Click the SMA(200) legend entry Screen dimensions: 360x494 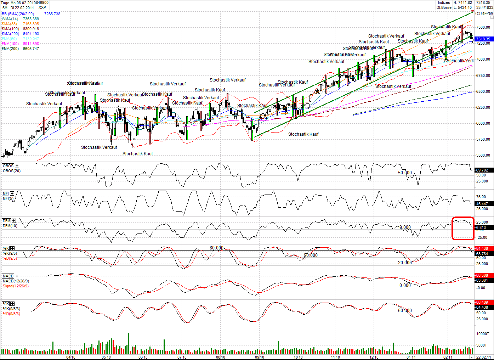10,34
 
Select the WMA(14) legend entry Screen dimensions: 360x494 10,19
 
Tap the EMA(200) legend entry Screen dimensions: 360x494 10,49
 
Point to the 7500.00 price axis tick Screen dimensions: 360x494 483,27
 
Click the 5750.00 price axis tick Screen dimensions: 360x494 483,139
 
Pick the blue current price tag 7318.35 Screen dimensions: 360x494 483,39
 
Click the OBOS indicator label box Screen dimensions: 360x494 8,166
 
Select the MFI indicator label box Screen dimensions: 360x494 5,193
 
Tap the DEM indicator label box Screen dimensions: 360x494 6,221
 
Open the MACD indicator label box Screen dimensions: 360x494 8,276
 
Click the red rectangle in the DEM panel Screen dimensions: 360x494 463,228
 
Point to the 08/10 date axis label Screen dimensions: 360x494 221,357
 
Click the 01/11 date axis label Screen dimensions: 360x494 411,357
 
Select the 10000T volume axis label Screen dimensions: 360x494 483,334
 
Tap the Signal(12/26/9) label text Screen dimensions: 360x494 16,286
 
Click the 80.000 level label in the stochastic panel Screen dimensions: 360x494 216,248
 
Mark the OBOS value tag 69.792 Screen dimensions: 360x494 482,170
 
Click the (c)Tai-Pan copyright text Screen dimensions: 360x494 484,13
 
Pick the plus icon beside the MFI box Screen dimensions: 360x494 12,193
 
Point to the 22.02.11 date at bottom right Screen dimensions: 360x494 483,357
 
